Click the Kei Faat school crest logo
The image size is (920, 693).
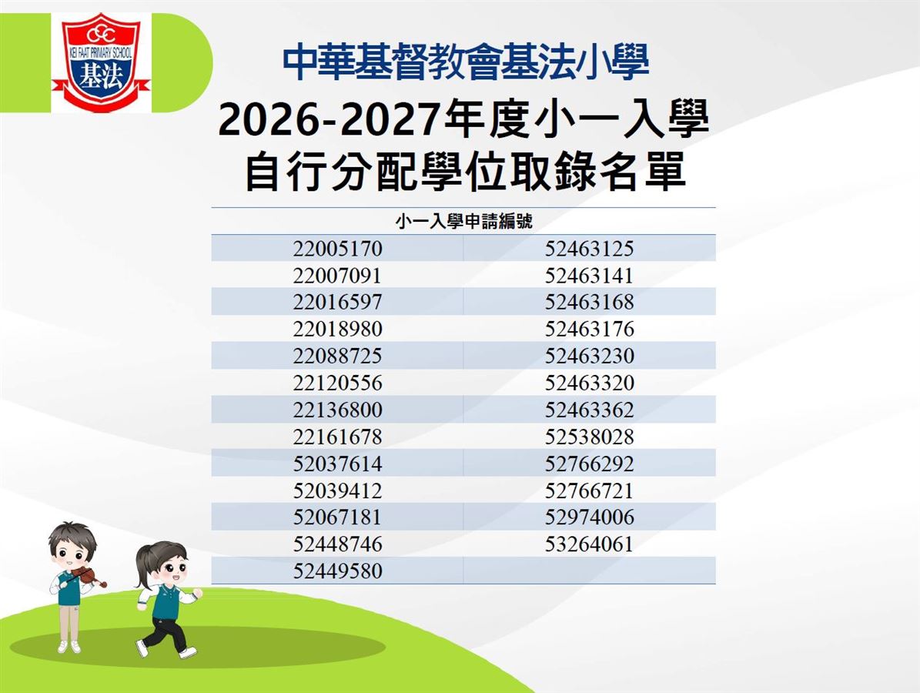[x=101, y=62]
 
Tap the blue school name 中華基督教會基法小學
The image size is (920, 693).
[x=465, y=62]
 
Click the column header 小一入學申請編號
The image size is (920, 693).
[x=463, y=221]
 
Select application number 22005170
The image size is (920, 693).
[x=337, y=248]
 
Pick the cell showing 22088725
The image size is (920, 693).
[x=337, y=356]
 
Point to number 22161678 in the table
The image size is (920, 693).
[x=337, y=437]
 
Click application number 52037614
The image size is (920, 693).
[x=337, y=464]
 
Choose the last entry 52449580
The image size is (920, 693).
[x=337, y=571]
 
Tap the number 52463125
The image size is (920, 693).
[x=589, y=248]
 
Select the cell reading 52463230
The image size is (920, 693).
[x=589, y=356]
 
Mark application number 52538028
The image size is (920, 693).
[x=589, y=437]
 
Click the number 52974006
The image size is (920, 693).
[x=589, y=517]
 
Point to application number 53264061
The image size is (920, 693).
[x=589, y=544]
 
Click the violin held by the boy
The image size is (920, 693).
[x=88, y=576]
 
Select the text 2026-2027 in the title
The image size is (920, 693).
[x=329, y=119]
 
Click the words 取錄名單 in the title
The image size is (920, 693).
[x=597, y=172]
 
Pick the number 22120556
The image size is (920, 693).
[x=337, y=383]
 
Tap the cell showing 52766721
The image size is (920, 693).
[x=589, y=490]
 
